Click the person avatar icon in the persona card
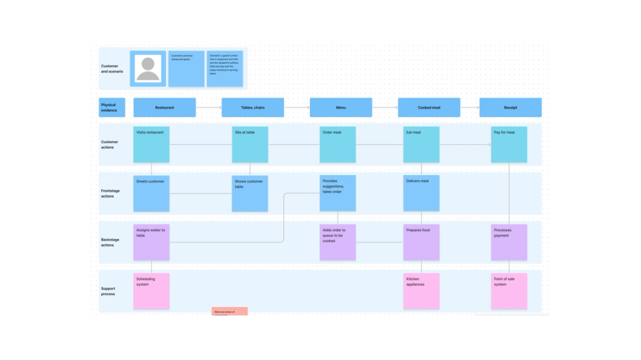[x=148, y=69]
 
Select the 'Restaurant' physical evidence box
[x=164, y=107]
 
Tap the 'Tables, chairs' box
[x=253, y=107]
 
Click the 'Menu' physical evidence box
[x=341, y=107]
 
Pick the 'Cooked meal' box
[x=429, y=107]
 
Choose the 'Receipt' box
[x=510, y=107]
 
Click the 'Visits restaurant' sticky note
[x=151, y=144]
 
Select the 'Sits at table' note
[x=250, y=144]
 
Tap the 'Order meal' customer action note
[x=338, y=144]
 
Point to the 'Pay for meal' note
[x=509, y=144]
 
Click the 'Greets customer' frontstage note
[x=151, y=193]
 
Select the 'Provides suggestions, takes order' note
[x=338, y=193]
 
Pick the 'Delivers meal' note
[x=421, y=193]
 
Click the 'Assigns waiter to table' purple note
[x=151, y=242]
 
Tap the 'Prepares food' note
[x=421, y=242]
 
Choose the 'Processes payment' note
[x=509, y=242]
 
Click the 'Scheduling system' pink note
[x=151, y=291]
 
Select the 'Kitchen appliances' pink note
[x=421, y=291]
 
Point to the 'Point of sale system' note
[x=509, y=291]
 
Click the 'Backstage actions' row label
[x=110, y=242]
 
